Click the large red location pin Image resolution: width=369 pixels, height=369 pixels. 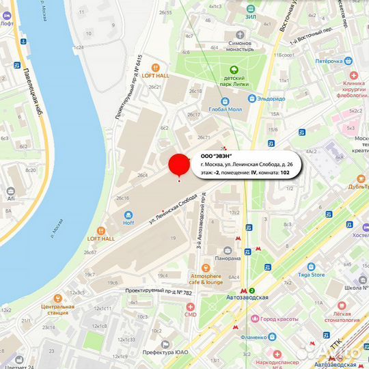pyautogui.click(x=179, y=165)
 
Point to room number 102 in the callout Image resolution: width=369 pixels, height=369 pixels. pyautogui.click(x=286, y=174)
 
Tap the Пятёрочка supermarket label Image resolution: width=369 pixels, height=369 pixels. pyautogui.click(x=310, y=61)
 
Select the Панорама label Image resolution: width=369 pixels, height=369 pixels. pyautogui.click(x=227, y=258)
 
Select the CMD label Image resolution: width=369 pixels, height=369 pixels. pyautogui.click(x=191, y=314)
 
